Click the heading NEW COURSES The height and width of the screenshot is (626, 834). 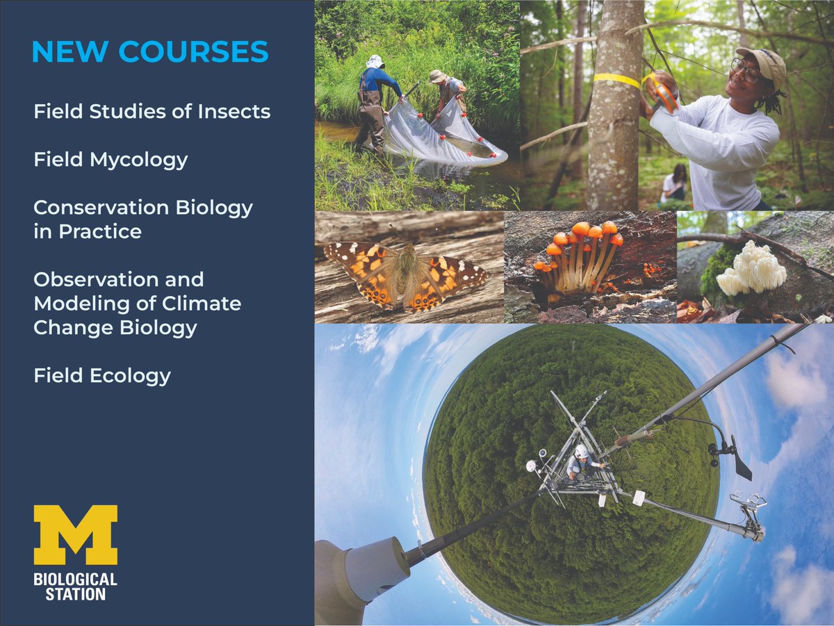(x=150, y=53)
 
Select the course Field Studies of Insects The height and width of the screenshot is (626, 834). (x=152, y=111)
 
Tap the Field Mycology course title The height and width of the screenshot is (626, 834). (x=111, y=160)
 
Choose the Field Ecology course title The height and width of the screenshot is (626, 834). (x=102, y=376)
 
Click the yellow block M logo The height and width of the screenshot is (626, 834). (x=75, y=535)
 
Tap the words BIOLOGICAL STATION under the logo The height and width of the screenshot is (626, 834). (x=75, y=586)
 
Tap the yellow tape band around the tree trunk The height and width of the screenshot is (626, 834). (x=616, y=81)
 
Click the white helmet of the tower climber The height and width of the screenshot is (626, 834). (x=581, y=452)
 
